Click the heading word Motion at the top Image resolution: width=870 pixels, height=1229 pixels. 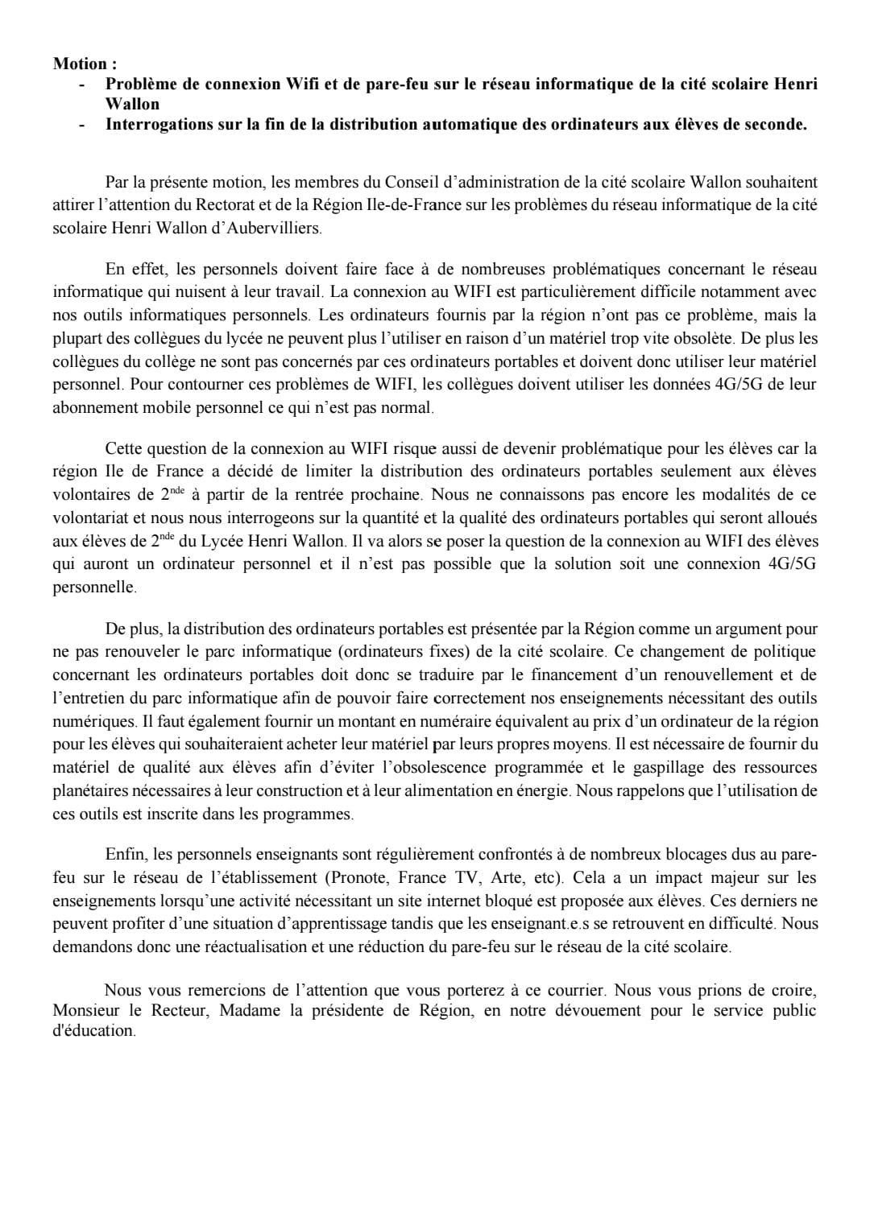[x=80, y=64]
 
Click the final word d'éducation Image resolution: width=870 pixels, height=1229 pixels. [x=93, y=1030]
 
